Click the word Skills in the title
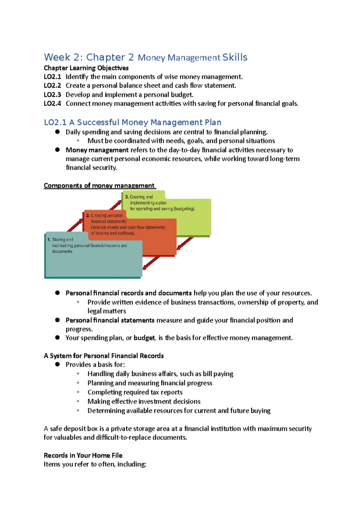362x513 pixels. [x=235, y=57]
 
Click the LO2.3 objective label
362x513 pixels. [x=52, y=95]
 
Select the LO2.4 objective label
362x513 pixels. [x=52, y=104]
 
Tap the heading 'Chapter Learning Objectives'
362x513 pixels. [x=86, y=68]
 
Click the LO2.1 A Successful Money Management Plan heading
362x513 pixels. [x=132, y=122]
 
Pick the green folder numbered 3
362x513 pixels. [x=187, y=221]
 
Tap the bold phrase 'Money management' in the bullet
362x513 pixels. [x=97, y=150]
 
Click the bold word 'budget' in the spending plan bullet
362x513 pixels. [x=144, y=338]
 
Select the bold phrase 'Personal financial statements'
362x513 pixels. [x=110, y=320]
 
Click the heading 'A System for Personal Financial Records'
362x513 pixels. [x=103, y=356]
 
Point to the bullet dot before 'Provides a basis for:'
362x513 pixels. [x=57, y=364]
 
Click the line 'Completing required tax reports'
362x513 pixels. [x=135, y=392]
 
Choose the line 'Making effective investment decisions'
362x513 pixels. [x=144, y=402]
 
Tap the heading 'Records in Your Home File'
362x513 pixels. [x=83, y=456]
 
